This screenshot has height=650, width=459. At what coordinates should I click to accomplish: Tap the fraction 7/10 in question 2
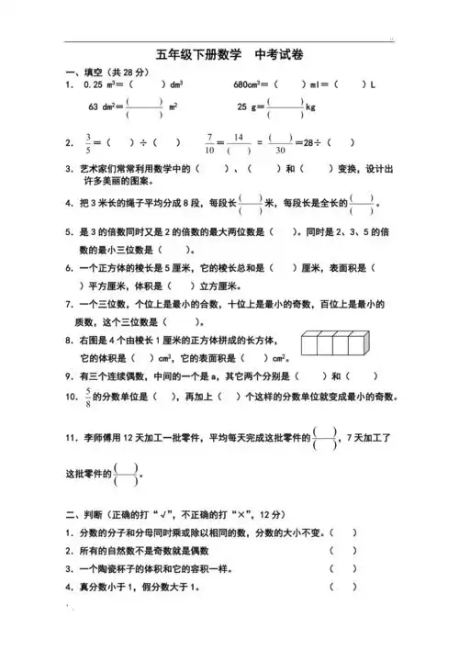pos(210,142)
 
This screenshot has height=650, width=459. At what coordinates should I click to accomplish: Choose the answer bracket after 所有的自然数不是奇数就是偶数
pos(343,551)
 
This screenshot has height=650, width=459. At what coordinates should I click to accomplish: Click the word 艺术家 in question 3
pos(95,169)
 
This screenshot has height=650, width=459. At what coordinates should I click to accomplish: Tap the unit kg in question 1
pos(309,107)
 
